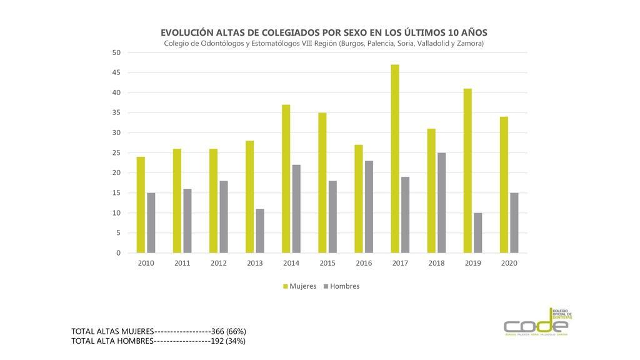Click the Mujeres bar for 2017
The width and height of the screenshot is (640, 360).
tap(395, 159)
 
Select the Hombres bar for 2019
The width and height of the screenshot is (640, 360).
tap(478, 232)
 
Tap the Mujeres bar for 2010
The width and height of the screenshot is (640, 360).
tap(141, 204)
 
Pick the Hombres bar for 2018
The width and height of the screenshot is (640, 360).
tap(442, 202)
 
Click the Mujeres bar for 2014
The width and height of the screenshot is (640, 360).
tap(286, 179)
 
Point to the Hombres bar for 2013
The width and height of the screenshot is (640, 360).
tap(260, 231)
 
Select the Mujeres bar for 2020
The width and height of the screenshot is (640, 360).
tap(504, 184)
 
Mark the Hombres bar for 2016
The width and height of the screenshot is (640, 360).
tap(369, 207)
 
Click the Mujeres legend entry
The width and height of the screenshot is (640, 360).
tap(299, 286)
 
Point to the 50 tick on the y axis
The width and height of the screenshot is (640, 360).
tap(116, 52)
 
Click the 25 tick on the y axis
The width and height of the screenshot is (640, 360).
tap(116, 152)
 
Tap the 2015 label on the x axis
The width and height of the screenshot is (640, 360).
tap(327, 263)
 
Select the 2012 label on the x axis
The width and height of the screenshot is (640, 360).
tap(218, 263)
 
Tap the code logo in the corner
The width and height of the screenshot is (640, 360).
tap(537, 323)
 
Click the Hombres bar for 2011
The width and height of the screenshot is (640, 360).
tap(187, 221)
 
